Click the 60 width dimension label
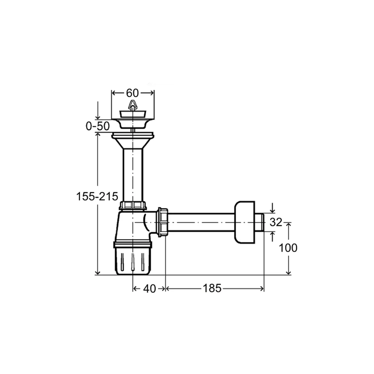click(x=132, y=93)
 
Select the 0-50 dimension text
click(x=98, y=126)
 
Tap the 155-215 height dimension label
click(x=97, y=197)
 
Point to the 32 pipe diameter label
click(x=276, y=222)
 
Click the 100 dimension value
click(x=288, y=248)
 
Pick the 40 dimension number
click(x=150, y=289)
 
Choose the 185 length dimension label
click(x=212, y=288)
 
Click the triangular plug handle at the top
click(x=132, y=105)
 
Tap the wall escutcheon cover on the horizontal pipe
click(x=245, y=223)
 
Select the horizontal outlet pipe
click(x=202, y=223)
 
